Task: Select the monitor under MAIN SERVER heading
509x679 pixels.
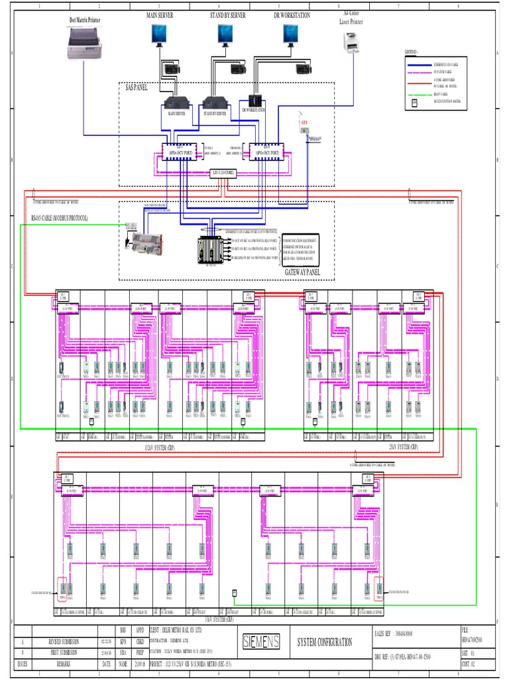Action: click(159, 34)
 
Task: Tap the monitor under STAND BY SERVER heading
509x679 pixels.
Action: click(225, 34)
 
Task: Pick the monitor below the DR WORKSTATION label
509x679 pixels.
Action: click(290, 34)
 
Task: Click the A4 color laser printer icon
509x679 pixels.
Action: click(351, 42)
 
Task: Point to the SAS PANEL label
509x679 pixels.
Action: click(137, 87)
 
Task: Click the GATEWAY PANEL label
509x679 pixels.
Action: click(302, 272)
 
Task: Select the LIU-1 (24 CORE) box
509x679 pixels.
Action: click(225, 173)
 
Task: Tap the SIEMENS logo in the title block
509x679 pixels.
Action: click(260, 641)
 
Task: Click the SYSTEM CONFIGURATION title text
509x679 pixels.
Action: click(325, 642)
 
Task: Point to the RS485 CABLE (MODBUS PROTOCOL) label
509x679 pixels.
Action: click(59, 217)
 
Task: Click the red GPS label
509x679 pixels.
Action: click(304, 123)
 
